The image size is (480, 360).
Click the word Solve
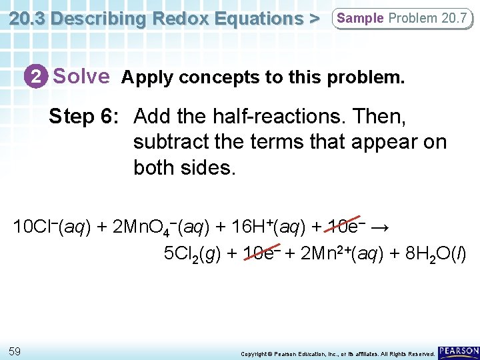click(x=81, y=76)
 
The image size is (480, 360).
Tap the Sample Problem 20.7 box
click(x=401, y=18)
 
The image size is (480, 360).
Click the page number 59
click(x=16, y=351)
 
